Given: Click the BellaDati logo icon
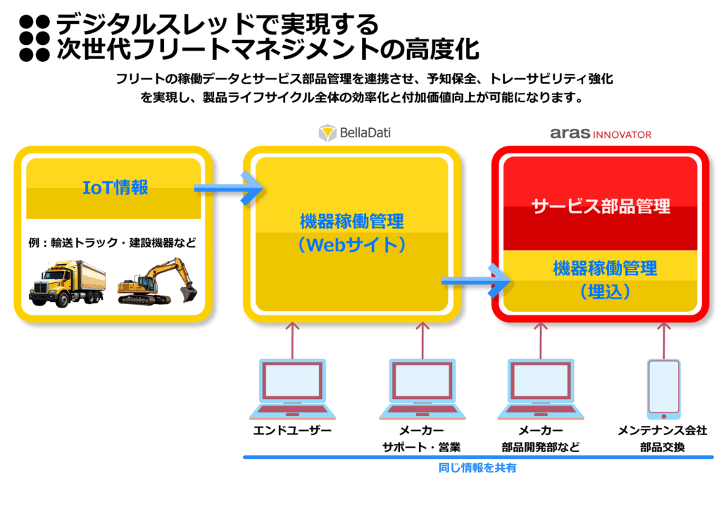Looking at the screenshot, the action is click(327, 133).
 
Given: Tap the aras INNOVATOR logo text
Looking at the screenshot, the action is click(601, 134).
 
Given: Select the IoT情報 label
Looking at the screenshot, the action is click(115, 187).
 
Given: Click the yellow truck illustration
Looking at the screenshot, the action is click(67, 283).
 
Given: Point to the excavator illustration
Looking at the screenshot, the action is click(157, 281).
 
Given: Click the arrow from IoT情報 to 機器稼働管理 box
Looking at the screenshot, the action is click(229, 187).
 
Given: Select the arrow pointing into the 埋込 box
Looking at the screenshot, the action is click(476, 280).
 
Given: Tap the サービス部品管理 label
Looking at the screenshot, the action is click(601, 206).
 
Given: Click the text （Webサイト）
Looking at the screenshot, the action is click(352, 244).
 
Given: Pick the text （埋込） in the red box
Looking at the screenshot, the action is click(605, 291).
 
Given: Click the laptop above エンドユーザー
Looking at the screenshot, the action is click(292, 389).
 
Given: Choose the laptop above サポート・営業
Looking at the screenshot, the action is click(422, 389).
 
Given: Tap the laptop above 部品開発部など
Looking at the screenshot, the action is click(541, 389).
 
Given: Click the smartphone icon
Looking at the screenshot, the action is click(663, 389).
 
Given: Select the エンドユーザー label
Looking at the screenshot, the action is click(292, 431).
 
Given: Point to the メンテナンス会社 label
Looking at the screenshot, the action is click(662, 431).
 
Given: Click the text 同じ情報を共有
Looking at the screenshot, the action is click(477, 468).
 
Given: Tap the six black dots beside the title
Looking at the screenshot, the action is click(35, 38).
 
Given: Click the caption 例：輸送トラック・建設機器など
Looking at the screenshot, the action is click(112, 243).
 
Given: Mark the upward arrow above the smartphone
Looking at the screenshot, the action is click(663, 340).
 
